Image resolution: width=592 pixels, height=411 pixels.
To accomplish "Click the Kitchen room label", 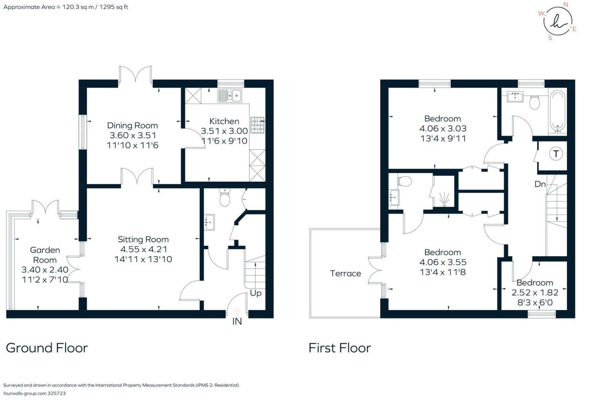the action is (224, 121).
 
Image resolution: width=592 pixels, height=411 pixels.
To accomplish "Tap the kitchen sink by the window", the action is (230, 96).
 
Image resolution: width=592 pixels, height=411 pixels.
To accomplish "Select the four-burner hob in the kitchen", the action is (257, 125).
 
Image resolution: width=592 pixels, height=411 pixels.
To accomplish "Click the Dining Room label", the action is (132, 125).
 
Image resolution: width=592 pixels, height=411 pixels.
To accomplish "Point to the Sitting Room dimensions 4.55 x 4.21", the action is (144, 249).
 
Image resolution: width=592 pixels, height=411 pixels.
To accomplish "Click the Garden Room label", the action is (45, 255).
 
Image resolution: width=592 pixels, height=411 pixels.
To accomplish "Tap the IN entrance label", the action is (237, 321).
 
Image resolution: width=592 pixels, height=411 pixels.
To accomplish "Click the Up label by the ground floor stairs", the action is (255, 293).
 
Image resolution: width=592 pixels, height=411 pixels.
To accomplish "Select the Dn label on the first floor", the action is (540, 184).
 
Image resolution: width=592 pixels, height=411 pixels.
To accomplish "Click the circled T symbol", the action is (556, 154).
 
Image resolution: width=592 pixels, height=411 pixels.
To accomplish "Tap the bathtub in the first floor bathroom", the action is (557, 111).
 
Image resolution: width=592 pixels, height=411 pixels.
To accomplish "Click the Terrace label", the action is (345, 273).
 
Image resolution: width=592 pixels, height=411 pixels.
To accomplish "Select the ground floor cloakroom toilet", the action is (225, 197).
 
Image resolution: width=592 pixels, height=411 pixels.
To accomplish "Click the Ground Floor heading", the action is (47, 347).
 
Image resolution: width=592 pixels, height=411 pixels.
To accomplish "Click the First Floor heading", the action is (340, 347).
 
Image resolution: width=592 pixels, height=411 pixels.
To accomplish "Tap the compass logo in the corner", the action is (558, 21).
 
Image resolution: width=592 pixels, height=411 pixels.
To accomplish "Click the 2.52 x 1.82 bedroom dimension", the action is (535, 292).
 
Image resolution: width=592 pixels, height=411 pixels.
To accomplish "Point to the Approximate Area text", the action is (65, 7).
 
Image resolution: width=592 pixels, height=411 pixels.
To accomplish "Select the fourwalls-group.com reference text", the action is (34, 393).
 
